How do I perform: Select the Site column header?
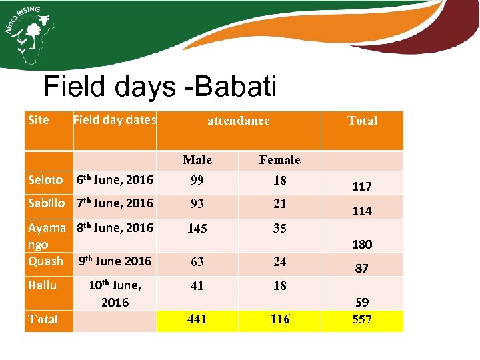click(x=39, y=120)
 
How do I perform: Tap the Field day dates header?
click(x=115, y=120)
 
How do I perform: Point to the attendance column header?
click(x=239, y=121)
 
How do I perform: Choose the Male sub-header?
click(x=197, y=160)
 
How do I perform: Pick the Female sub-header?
click(x=280, y=160)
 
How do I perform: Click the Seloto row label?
click(x=45, y=180)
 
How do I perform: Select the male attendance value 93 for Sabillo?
click(x=197, y=203)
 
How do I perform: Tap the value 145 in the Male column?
click(x=197, y=228)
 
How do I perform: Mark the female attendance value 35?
click(x=280, y=228)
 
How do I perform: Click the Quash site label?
click(x=45, y=261)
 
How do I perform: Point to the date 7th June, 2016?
click(x=115, y=203)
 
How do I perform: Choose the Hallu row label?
click(x=43, y=285)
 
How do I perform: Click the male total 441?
click(x=197, y=319)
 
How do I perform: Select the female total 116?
click(x=280, y=319)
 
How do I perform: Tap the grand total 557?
click(x=362, y=319)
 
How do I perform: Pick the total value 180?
click(x=362, y=245)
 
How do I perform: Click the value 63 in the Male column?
click(x=197, y=262)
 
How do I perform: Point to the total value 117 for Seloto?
click(x=362, y=187)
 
